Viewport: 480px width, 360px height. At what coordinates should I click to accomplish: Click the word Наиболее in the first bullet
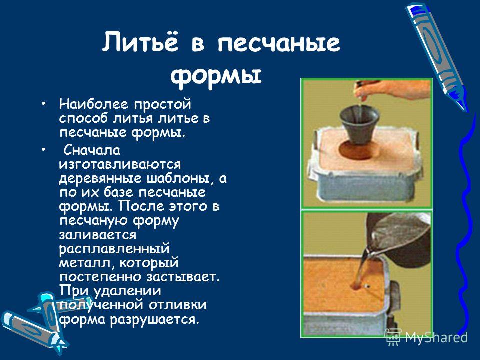coord(93,104)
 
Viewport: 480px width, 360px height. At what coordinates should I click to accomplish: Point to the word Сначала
coord(92,150)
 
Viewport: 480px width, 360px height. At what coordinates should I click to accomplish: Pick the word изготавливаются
coord(120,164)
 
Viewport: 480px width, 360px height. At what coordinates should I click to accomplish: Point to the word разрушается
coord(154,320)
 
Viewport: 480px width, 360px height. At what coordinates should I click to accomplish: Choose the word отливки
coord(177,305)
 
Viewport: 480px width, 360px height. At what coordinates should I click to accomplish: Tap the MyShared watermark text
coord(436,338)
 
